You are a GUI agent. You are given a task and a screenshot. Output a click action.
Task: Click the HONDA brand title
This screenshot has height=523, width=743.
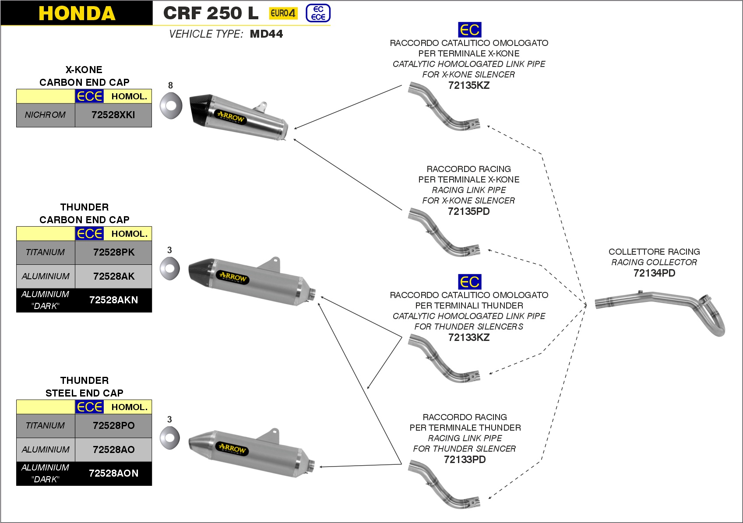77,13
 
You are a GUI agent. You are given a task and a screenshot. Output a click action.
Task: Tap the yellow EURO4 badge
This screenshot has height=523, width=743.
283,13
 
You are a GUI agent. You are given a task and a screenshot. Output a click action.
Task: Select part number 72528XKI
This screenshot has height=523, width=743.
113,115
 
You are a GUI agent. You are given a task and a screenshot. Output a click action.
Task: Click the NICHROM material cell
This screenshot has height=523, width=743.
45,115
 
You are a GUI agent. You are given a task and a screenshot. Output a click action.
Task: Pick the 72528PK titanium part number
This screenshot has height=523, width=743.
113,252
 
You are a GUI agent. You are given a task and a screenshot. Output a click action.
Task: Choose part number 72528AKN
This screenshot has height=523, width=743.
113,300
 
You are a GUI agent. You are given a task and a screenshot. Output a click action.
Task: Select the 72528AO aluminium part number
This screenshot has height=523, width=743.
113,449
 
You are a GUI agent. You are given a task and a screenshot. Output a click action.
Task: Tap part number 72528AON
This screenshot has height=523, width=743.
113,474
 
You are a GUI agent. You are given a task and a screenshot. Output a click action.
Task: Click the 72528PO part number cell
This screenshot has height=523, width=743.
113,425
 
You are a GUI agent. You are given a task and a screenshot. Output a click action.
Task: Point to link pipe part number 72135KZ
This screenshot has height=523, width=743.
468,85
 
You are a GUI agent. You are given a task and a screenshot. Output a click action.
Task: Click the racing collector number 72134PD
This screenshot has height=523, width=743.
654,273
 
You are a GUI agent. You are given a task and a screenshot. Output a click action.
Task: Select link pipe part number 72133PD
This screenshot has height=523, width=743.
465,460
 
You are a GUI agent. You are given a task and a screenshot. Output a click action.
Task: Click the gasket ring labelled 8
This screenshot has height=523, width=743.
170,105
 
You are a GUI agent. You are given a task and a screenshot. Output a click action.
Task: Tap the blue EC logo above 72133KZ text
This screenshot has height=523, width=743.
469,282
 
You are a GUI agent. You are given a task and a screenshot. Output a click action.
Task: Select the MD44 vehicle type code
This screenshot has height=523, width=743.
266,34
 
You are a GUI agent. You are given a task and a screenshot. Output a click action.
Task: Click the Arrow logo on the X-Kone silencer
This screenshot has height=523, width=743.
231,118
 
